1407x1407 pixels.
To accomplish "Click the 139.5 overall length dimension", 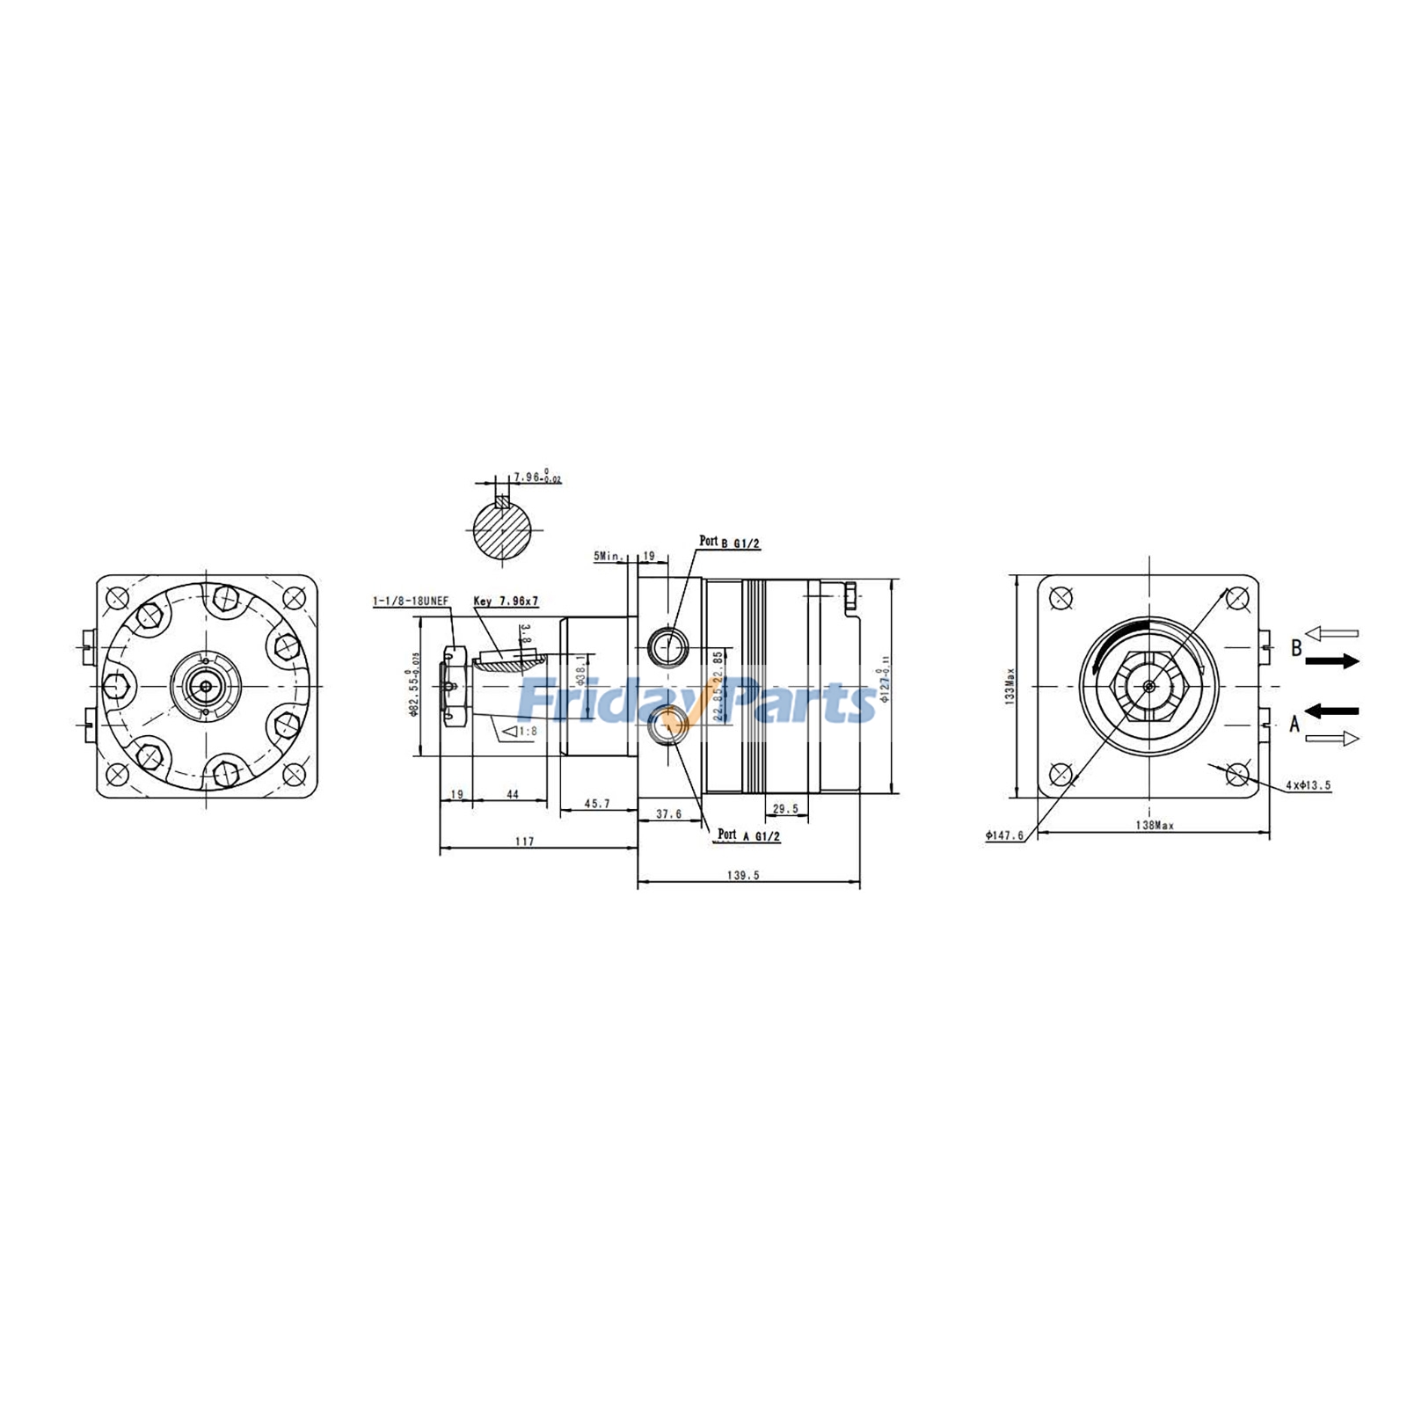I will (744, 875).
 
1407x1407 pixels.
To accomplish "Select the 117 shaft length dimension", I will (524, 842).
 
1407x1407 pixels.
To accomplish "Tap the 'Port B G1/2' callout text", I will (729, 543).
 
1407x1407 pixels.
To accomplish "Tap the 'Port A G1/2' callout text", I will (748, 835).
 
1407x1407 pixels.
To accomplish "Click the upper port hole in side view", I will (666, 648).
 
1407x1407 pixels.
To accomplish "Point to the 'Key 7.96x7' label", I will (506, 601).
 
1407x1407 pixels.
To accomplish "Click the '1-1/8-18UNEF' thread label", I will (411, 601).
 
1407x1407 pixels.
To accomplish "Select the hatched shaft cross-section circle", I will (503, 530).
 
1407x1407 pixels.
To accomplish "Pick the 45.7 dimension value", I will (596, 803).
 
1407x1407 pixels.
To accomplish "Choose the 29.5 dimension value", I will (784, 808).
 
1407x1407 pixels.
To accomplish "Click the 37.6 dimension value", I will (668, 814).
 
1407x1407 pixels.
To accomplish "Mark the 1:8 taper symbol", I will (519, 731).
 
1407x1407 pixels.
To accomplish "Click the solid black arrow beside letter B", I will (1331, 661).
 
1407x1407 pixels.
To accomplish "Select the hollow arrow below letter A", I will (1331, 739).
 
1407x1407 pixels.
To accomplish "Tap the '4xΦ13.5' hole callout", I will (1308, 784).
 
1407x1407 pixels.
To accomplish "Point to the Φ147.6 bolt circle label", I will (1005, 835).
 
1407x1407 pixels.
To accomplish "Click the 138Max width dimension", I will (1155, 826).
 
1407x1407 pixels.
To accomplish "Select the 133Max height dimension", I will (1010, 687).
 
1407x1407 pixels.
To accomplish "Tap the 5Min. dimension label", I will (608, 557).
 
